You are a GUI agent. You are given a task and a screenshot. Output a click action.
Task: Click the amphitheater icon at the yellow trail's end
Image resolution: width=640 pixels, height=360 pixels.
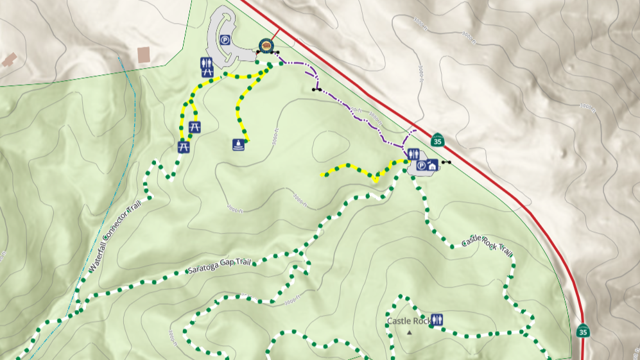click(x=239, y=144)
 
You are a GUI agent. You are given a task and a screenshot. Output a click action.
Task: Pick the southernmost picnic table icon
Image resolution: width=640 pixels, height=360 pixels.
click(x=184, y=147)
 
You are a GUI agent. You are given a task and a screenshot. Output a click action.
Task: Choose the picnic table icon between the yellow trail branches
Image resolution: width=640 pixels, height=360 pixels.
click(x=196, y=128)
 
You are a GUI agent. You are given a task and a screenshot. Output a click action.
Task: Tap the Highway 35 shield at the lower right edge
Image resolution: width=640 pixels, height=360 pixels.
click(x=582, y=331)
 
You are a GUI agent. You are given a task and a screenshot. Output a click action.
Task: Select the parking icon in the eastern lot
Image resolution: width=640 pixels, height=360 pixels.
click(x=421, y=166)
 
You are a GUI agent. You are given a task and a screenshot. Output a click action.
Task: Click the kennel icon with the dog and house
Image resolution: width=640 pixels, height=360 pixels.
click(x=432, y=166)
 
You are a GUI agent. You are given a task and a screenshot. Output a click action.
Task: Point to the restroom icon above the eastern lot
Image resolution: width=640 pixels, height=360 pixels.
click(x=413, y=154)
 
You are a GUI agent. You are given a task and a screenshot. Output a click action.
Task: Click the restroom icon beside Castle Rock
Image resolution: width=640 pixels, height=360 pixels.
click(x=438, y=320)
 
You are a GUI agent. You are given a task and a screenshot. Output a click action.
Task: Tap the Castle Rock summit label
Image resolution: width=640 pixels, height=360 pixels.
click(x=408, y=321)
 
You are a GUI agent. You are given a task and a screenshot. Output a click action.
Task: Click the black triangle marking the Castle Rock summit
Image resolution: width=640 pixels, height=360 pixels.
click(x=410, y=332)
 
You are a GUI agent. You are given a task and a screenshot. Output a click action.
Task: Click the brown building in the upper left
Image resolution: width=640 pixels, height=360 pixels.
click(x=144, y=55)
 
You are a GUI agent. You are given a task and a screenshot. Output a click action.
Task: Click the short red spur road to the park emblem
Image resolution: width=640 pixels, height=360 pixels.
click(x=274, y=35)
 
